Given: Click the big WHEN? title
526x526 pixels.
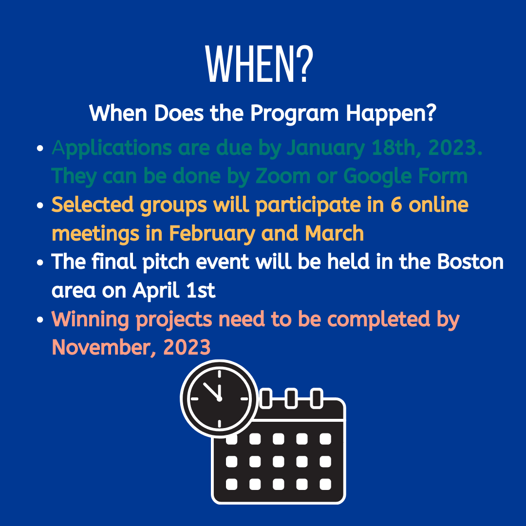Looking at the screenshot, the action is coord(259,64).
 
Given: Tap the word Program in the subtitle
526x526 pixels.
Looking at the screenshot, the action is coord(294,113).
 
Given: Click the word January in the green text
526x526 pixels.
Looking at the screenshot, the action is coord(326,148).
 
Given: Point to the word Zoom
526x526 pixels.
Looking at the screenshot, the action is coord(283,176).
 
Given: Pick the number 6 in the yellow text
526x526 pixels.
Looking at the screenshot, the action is coord(396,204).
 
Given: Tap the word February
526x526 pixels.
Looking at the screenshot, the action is coord(212,234).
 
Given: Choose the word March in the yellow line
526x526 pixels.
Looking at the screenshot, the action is coord(335,233).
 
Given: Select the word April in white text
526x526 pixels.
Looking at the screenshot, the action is coord(157,291).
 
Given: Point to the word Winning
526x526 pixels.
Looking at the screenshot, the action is coord(90,319).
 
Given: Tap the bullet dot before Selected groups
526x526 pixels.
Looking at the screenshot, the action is coord(40,205).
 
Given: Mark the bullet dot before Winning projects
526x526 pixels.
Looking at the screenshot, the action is coord(40,319).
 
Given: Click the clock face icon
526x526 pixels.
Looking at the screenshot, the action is coord(219,398).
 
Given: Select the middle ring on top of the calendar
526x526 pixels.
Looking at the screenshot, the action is coord(291,398).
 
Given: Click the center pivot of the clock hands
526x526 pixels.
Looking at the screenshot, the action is coord(219,399).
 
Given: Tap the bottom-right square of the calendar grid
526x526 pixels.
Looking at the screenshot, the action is coord(325,485).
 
